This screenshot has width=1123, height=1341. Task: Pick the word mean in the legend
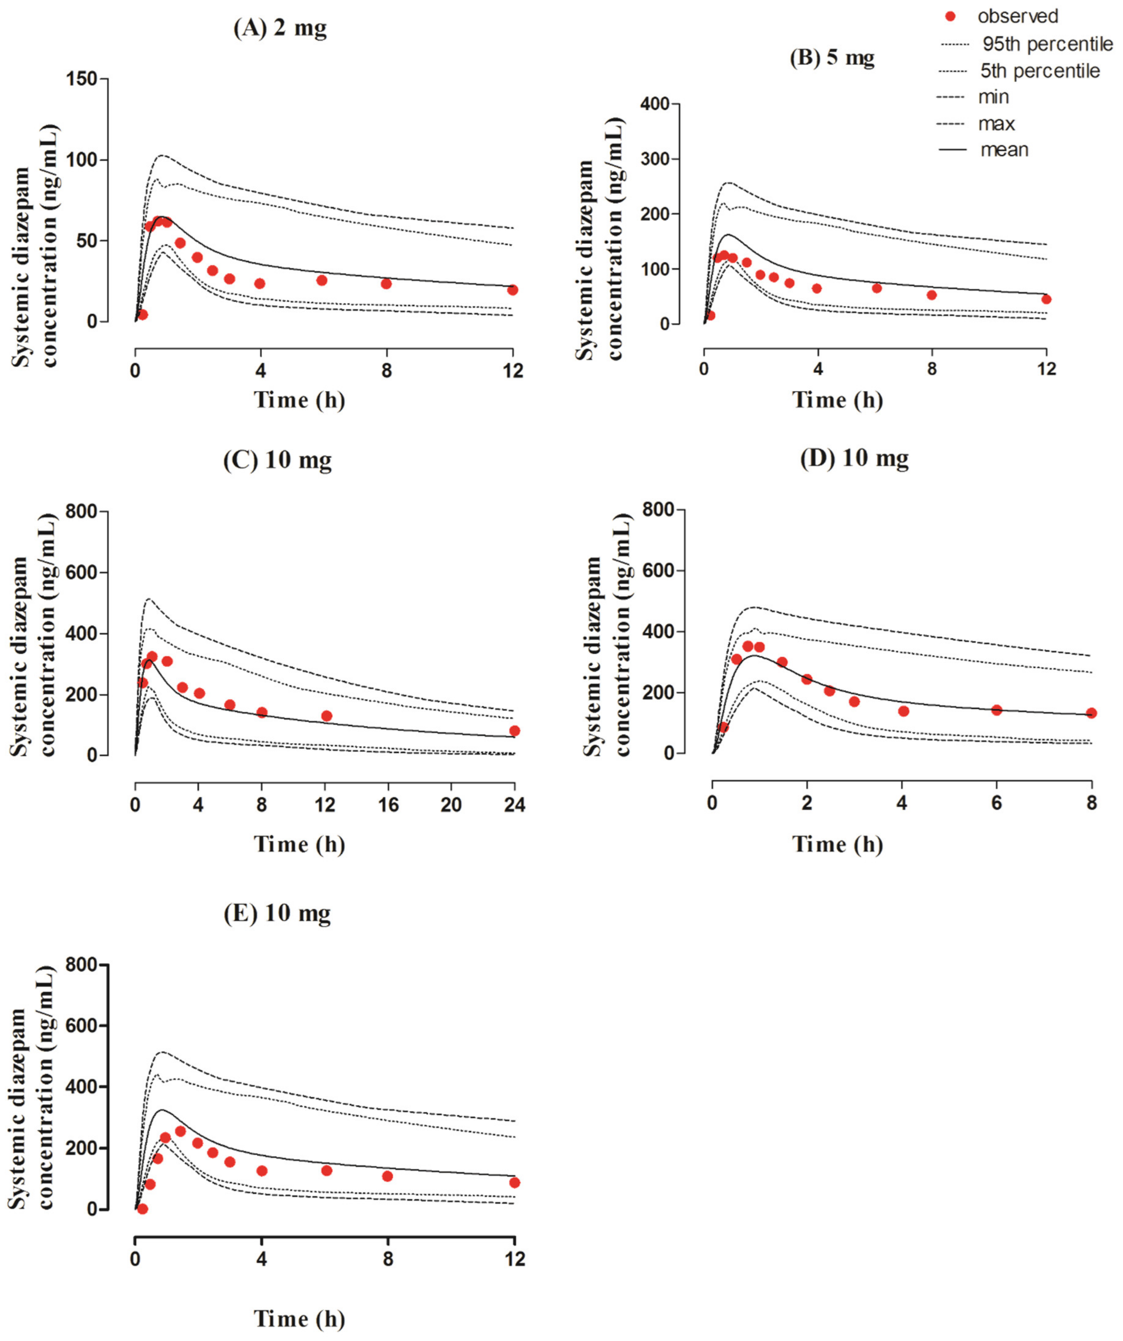click(x=1004, y=150)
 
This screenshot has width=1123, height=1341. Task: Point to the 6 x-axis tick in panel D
click(x=997, y=803)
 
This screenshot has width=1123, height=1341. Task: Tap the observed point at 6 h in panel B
click(x=877, y=288)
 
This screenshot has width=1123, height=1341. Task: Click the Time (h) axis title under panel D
click(x=838, y=845)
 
